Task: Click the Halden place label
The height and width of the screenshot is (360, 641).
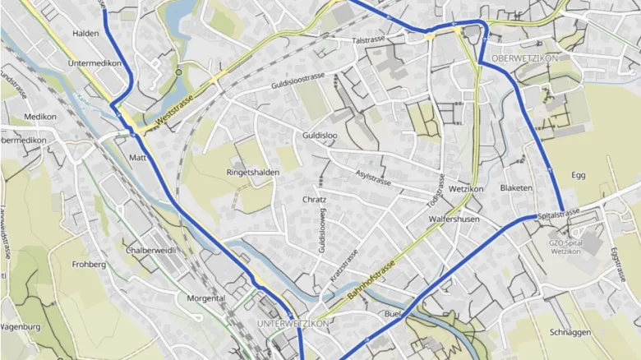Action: tap(85, 33)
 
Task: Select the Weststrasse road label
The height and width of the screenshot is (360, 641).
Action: tap(173, 111)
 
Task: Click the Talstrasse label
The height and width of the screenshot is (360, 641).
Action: tap(368, 40)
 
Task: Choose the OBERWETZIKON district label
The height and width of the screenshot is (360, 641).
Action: tap(524, 58)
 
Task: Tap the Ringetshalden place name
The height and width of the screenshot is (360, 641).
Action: tap(252, 173)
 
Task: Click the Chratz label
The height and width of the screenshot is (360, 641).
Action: tap(314, 200)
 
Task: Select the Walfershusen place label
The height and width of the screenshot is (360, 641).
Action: tap(454, 219)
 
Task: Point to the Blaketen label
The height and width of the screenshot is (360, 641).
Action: tap(516, 188)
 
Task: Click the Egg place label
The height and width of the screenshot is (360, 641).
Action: tap(579, 175)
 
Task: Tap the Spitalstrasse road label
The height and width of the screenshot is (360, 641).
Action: tap(559, 214)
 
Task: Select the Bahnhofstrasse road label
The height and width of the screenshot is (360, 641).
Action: tap(371, 279)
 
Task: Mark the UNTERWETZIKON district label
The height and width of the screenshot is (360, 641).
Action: tap(293, 323)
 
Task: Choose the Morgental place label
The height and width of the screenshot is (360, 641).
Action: tap(206, 298)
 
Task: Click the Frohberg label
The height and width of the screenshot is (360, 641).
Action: tap(89, 265)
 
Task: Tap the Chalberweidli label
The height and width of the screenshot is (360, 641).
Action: tap(151, 249)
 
